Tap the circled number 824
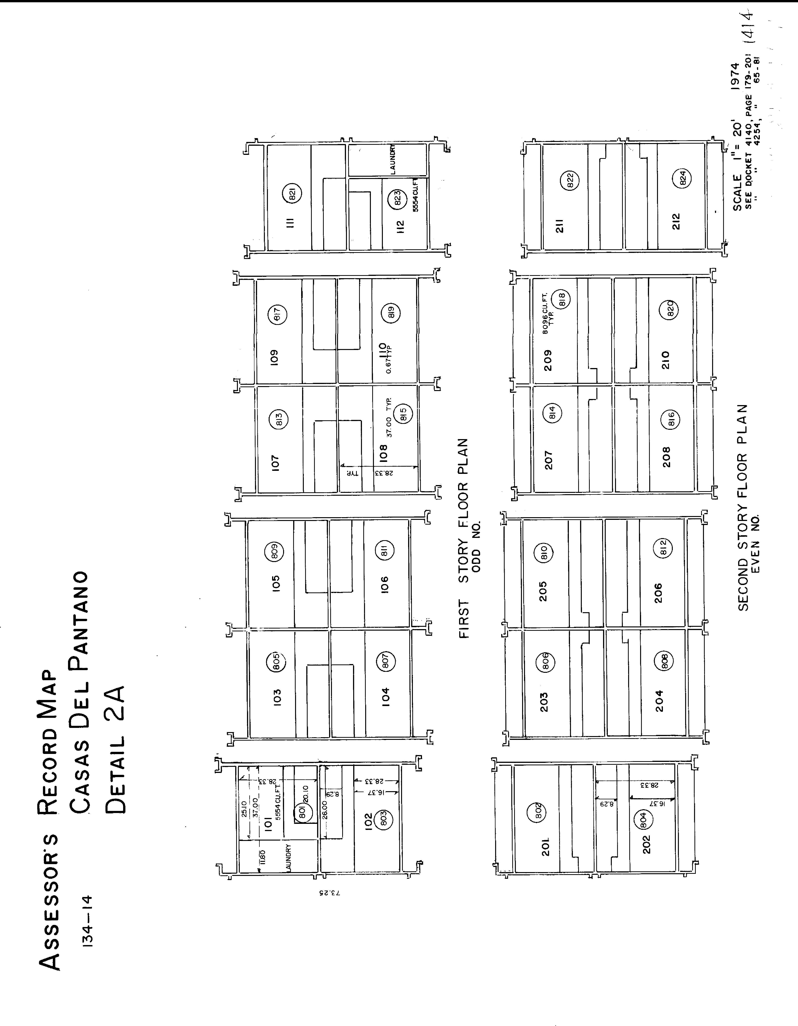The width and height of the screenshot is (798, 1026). point(683,179)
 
